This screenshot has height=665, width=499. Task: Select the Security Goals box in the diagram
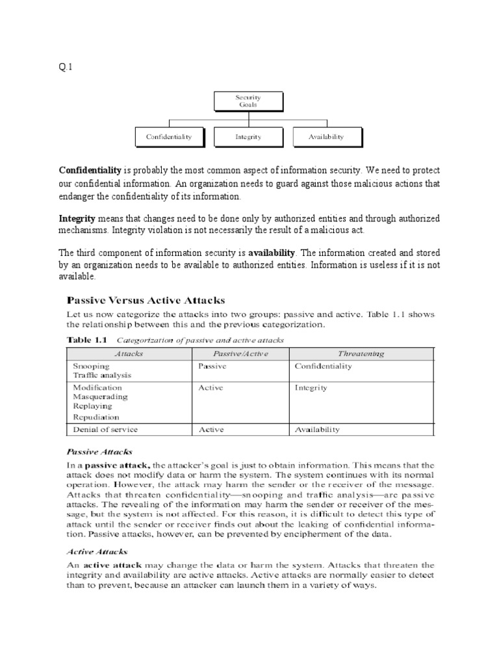pyautogui.click(x=248, y=101)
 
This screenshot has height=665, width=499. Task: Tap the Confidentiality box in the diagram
pyautogui.click(x=169, y=137)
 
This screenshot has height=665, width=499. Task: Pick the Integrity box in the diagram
pyautogui.click(x=248, y=137)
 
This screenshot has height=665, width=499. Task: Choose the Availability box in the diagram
pyautogui.click(x=327, y=137)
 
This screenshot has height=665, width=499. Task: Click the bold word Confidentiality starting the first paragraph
pyautogui.click(x=90, y=170)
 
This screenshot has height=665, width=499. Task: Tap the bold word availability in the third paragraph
pyautogui.click(x=272, y=252)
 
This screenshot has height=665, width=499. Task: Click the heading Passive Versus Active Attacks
pyautogui.click(x=146, y=300)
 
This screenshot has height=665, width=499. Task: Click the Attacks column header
pyautogui.click(x=129, y=353)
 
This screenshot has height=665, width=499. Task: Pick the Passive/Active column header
pyautogui.click(x=240, y=353)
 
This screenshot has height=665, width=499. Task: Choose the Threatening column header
pyautogui.click(x=361, y=353)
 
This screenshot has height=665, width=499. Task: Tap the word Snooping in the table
pyautogui.click(x=91, y=366)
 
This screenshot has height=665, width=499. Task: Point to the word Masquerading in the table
pyautogui.click(x=100, y=396)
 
